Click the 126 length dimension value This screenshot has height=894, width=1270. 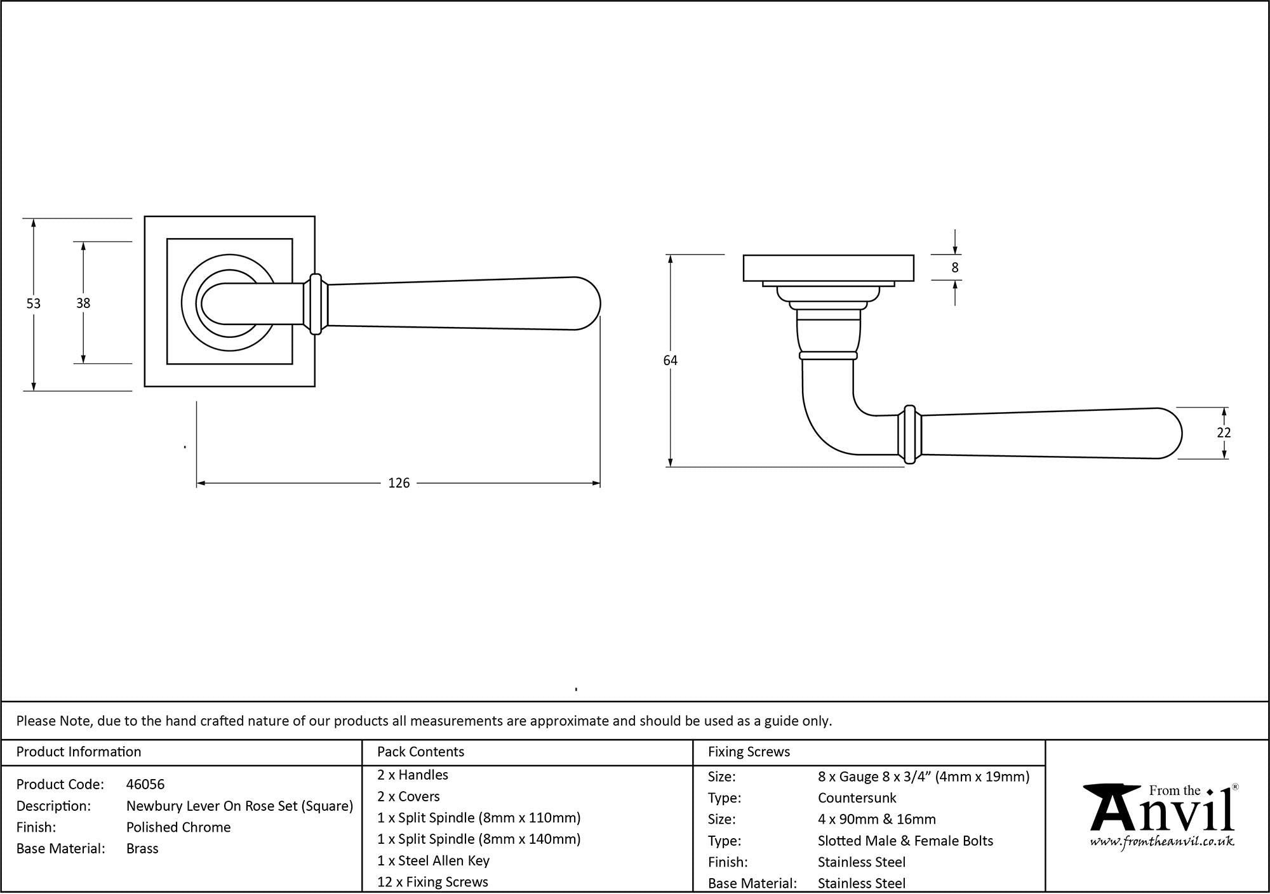pyautogui.click(x=399, y=483)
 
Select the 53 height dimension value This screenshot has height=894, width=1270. pyautogui.click(x=33, y=304)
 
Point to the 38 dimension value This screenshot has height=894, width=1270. pyautogui.click(x=83, y=304)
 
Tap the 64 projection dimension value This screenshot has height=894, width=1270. pyautogui.click(x=670, y=361)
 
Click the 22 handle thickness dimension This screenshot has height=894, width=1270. pyautogui.click(x=1224, y=432)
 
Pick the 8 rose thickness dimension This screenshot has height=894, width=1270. pyautogui.click(x=954, y=268)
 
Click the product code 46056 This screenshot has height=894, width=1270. pyautogui.click(x=145, y=784)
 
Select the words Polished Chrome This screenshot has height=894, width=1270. pyautogui.click(x=178, y=827)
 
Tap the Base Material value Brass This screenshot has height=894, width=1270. pyautogui.click(x=142, y=849)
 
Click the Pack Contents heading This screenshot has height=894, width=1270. pyautogui.click(x=420, y=752)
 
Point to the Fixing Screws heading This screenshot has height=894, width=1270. pyautogui.click(x=749, y=752)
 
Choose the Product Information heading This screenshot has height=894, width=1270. pyautogui.click(x=79, y=752)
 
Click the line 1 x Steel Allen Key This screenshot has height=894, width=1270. pyautogui.click(x=433, y=860)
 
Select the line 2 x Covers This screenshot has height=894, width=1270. pyautogui.click(x=408, y=796)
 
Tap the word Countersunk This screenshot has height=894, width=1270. pyautogui.click(x=857, y=798)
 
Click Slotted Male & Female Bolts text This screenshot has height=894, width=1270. pyautogui.click(x=905, y=841)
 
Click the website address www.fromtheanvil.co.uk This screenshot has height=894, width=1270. pyautogui.click(x=1162, y=842)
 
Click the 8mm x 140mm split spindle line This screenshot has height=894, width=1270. pyautogui.click(x=479, y=839)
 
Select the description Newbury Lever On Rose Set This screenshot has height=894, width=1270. pyautogui.click(x=239, y=806)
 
